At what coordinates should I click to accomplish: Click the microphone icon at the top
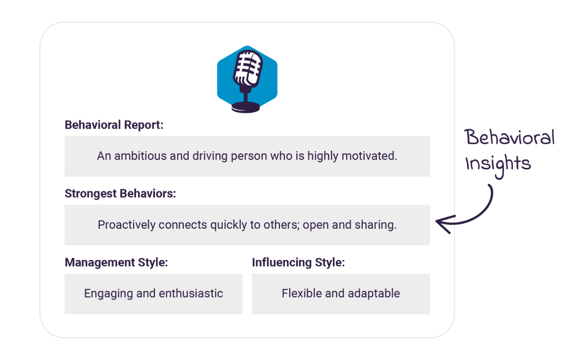[247, 79]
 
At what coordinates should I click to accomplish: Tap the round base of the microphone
[246, 107]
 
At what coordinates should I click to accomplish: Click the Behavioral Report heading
[114, 125]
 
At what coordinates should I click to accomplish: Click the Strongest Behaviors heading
[120, 194]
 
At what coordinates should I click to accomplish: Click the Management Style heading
[116, 262]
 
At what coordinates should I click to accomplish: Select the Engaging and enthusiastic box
[153, 294]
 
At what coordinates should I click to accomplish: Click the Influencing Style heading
[298, 262]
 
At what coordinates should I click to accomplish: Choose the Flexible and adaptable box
[341, 294]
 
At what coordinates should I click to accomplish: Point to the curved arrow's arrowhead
[442, 224]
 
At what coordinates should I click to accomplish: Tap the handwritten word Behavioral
[510, 137]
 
